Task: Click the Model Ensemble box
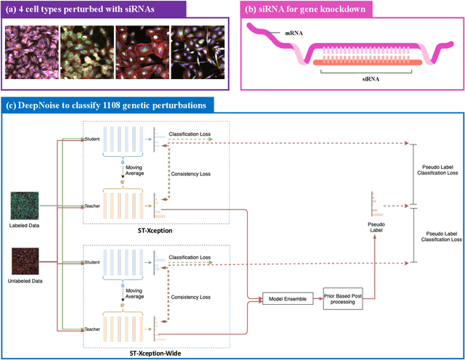point(285,298)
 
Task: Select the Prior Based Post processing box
point(344,298)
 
